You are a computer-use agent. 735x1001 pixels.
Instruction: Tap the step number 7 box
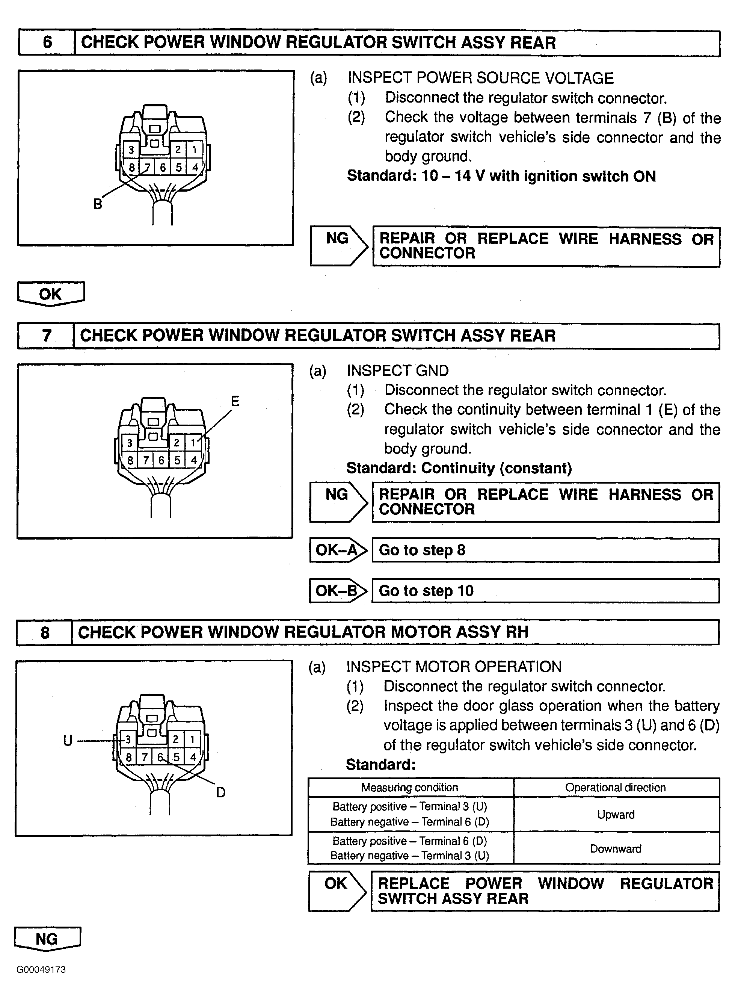click(46, 335)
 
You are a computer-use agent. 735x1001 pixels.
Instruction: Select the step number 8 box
click(44, 632)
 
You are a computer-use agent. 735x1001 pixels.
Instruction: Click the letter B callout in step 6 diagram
click(97, 204)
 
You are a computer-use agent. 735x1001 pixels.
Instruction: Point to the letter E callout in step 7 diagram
click(235, 401)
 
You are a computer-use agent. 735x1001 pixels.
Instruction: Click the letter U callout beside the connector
click(68, 740)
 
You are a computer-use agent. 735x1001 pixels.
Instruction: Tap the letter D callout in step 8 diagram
click(221, 792)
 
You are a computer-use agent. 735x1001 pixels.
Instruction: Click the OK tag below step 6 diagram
click(50, 294)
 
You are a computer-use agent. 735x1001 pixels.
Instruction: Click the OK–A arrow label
click(337, 550)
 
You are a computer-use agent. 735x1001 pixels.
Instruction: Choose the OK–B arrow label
click(337, 591)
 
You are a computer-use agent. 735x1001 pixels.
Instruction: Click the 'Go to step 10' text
click(426, 591)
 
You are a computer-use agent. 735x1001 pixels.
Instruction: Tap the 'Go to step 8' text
click(422, 550)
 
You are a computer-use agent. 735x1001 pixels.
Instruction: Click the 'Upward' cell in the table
click(616, 815)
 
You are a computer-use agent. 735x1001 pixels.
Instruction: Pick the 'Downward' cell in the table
click(616, 849)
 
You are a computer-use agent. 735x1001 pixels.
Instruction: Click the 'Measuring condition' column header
click(409, 787)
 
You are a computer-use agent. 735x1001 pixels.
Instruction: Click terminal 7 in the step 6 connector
click(147, 167)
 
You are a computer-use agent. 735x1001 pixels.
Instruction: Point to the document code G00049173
click(41, 970)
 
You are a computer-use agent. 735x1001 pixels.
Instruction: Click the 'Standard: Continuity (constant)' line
click(459, 468)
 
